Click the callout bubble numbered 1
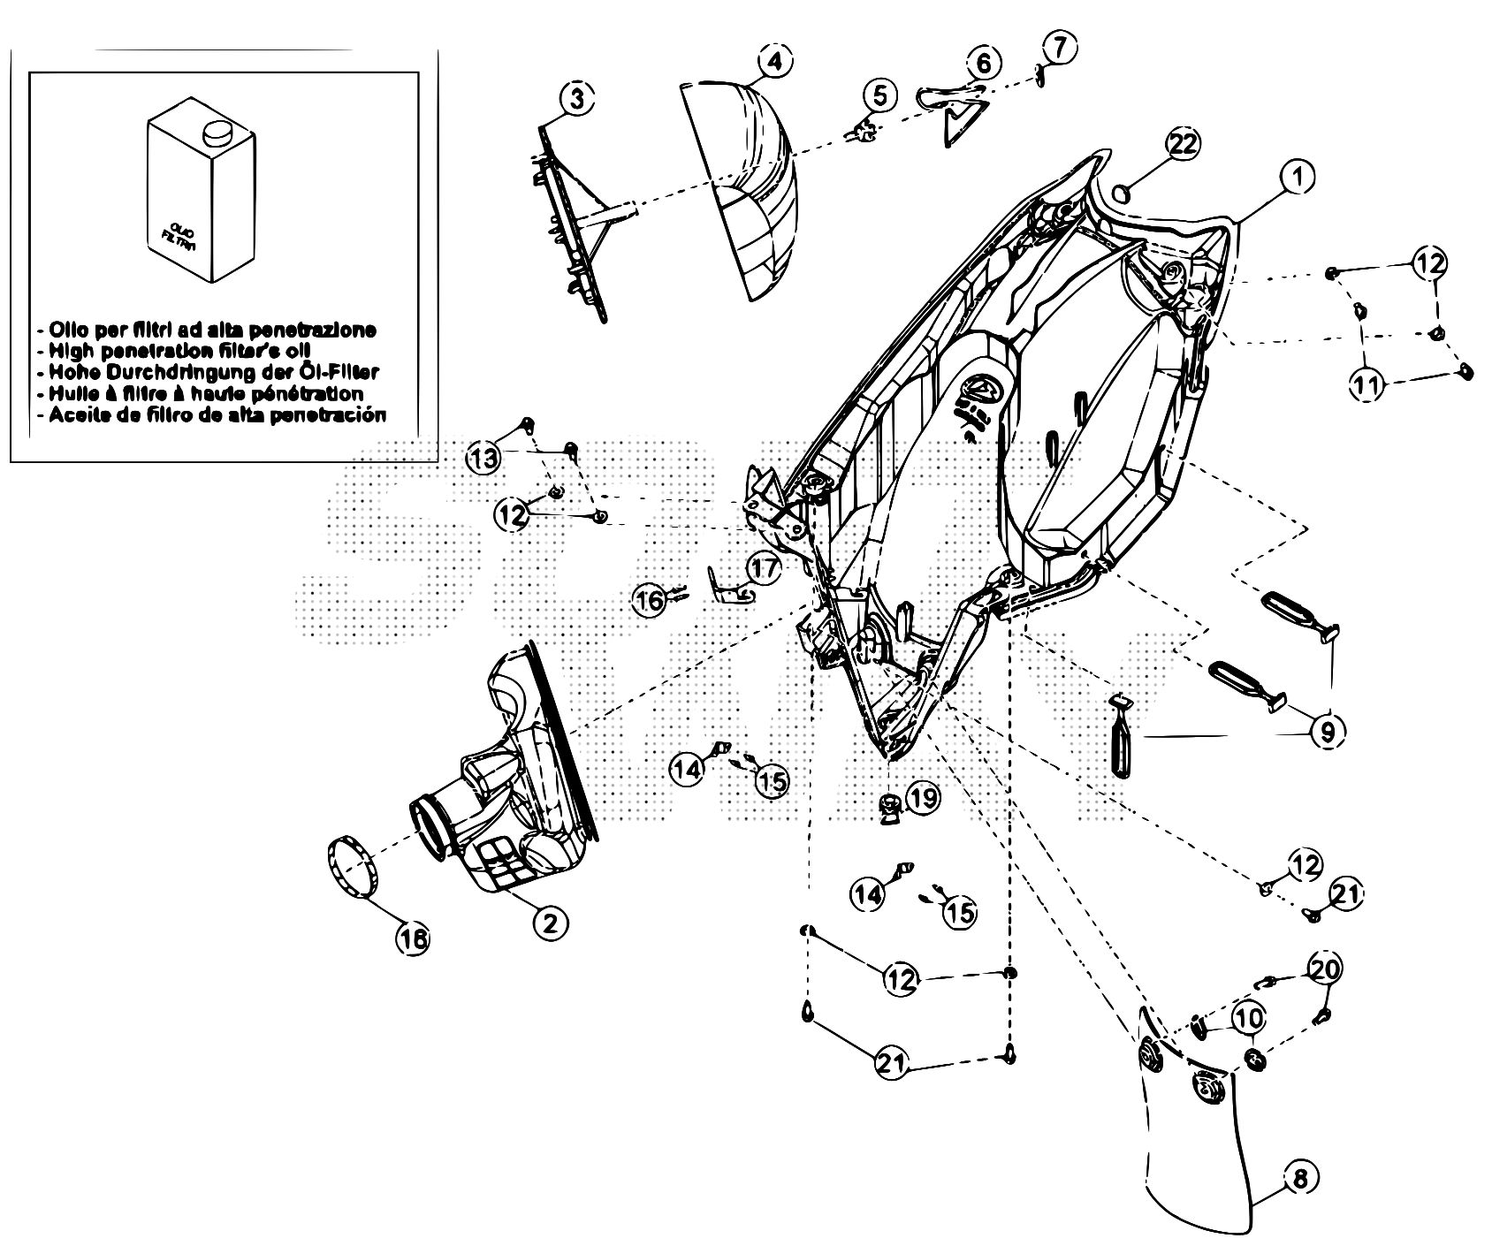point(1296,178)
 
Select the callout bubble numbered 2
point(549,923)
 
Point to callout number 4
point(773,63)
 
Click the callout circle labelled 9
point(1328,730)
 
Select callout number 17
point(763,566)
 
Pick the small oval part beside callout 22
point(1121,192)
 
